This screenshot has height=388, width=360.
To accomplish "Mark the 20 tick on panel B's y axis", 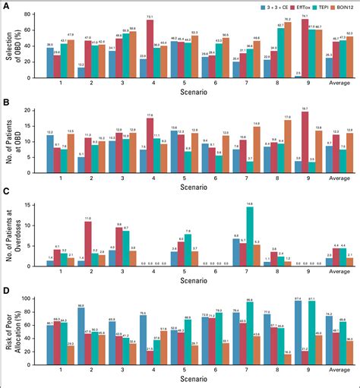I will point(30,110).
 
